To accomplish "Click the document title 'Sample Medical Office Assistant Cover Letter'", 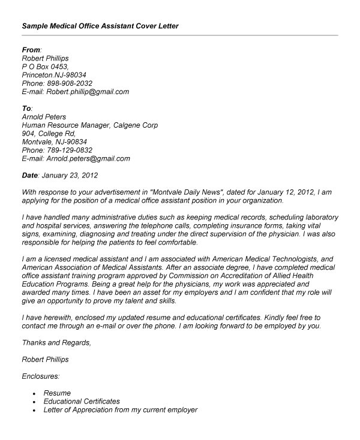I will [100, 26].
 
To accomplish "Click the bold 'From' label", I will [31, 49].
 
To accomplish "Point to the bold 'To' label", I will [26, 109].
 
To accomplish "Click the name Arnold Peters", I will [44, 117].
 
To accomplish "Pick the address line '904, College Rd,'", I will [48, 134].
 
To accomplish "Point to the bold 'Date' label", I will [29, 176].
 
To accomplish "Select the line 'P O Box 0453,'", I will [45, 67].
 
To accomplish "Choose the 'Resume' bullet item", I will [57, 393].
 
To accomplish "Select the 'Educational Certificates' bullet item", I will [82, 401].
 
